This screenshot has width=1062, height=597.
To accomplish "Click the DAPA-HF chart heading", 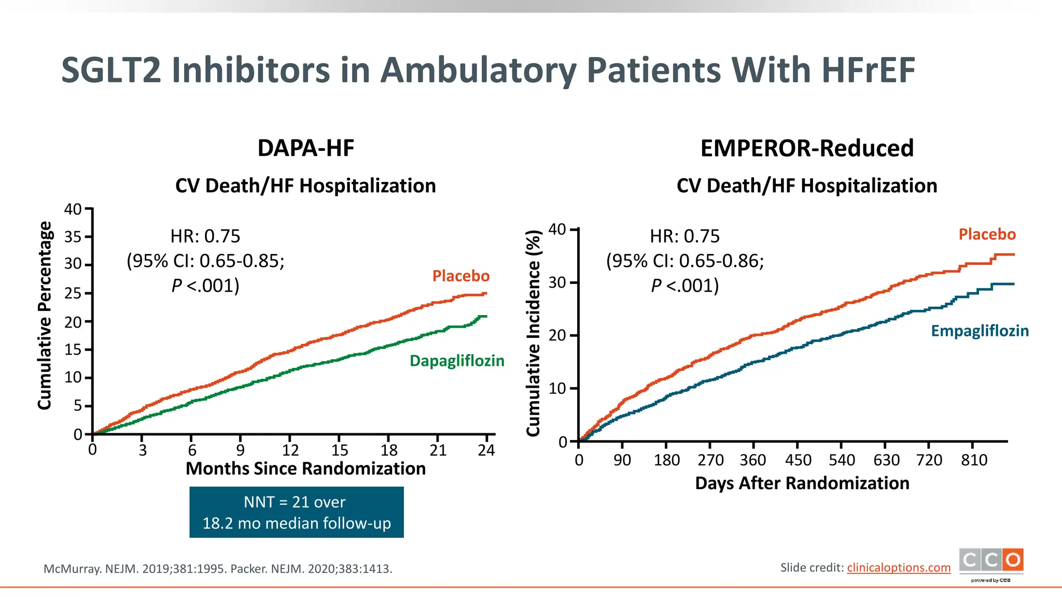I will click(306, 148).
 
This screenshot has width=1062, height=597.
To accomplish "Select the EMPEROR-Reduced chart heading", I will click(806, 148).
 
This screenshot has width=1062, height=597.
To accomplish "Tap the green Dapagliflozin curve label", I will click(457, 361).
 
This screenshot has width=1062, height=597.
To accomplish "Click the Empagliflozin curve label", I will click(980, 331).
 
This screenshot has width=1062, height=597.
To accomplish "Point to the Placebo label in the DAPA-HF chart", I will click(461, 276).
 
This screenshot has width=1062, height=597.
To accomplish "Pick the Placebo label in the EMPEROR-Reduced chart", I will click(987, 234).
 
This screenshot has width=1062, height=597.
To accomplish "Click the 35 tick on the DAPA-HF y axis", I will click(73, 237).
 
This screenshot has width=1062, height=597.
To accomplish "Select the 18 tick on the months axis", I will click(389, 450).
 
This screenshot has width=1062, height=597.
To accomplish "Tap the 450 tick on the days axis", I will click(798, 460).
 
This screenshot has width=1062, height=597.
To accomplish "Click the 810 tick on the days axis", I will click(974, 460).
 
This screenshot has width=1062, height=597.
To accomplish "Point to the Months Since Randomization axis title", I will click(305, 468).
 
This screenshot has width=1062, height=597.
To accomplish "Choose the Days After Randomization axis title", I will click(802, 483).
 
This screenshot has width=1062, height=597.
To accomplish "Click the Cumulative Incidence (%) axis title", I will click(534, 333).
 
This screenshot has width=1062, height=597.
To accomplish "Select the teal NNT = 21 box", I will click(296, 512).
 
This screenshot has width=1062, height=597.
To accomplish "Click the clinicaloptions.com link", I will click(899, 567).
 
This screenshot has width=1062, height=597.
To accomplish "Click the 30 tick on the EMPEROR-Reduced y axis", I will click(557, 283).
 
